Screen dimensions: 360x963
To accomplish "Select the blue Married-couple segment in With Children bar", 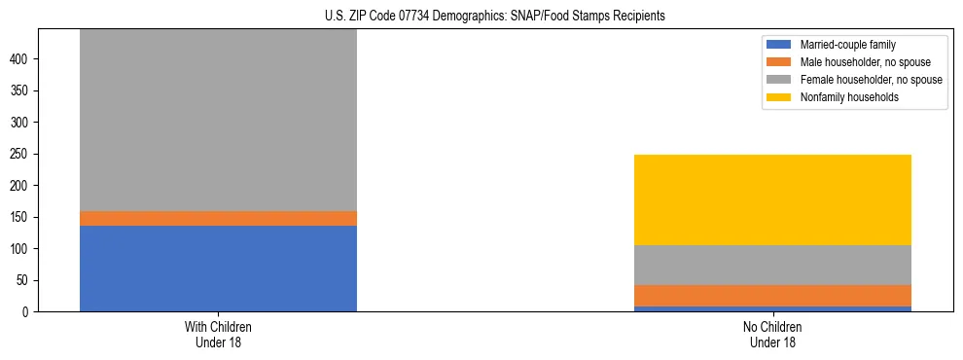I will coord(218,269).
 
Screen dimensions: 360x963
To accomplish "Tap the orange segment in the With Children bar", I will coord(218,219).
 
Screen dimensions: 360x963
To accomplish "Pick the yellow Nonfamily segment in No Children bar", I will coord(772,199).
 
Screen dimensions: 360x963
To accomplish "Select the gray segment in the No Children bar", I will coord(772,265).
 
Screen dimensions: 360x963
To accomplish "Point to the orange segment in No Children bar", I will coord(772,296).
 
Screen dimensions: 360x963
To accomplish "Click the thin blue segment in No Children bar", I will coord(772,308).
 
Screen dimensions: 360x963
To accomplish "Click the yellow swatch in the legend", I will coord(779,97).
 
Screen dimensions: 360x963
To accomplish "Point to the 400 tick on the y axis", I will coord(19,59).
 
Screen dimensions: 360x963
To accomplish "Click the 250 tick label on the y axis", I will coord(19,154).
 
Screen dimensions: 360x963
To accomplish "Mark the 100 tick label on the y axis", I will coord(19,249).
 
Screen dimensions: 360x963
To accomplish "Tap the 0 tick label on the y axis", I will coord(25,312).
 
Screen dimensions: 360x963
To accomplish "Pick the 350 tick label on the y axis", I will coord(19,90).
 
